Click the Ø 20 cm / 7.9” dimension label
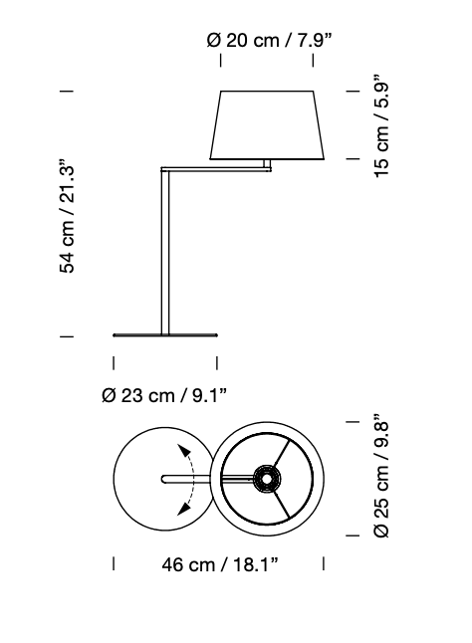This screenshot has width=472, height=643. (268, 40)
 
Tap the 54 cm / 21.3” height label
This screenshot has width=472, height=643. (68, 214)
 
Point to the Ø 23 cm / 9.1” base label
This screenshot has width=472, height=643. (164, 395)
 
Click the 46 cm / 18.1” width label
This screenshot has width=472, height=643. (219, 565)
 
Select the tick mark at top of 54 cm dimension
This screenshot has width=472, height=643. (68, 92)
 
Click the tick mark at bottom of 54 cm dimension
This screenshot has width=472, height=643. (68, 337)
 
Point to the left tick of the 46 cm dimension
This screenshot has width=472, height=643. (114, 564)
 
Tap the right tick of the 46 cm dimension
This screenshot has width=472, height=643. (324, 564)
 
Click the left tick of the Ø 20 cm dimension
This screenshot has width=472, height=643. (220, 62)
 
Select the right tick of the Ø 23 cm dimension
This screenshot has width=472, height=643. (217, 363)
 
